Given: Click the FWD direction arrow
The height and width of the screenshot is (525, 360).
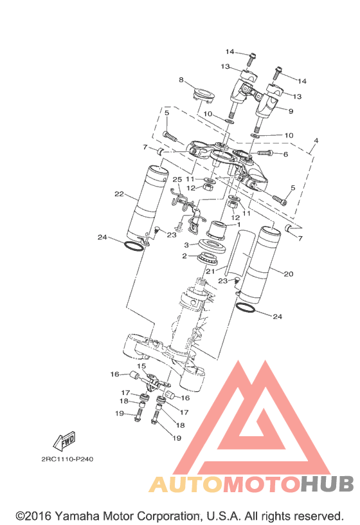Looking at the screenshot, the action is [x=64, y=441].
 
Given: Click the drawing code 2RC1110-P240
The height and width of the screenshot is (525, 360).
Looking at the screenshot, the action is [x=67, y=459].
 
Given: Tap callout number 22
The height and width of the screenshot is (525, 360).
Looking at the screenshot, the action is [x=119, y=194].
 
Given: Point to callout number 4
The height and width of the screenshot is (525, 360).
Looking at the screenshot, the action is [x=316, y=141].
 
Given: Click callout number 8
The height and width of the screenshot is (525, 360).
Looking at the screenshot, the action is [x=181, y=80].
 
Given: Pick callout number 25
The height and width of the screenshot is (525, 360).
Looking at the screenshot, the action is [x=177, y=180].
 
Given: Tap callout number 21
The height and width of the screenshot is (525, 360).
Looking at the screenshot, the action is [x=210, y=271].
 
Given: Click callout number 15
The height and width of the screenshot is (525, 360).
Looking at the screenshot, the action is [x=141, y=366].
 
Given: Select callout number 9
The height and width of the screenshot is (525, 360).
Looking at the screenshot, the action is [x=291, y=111].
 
